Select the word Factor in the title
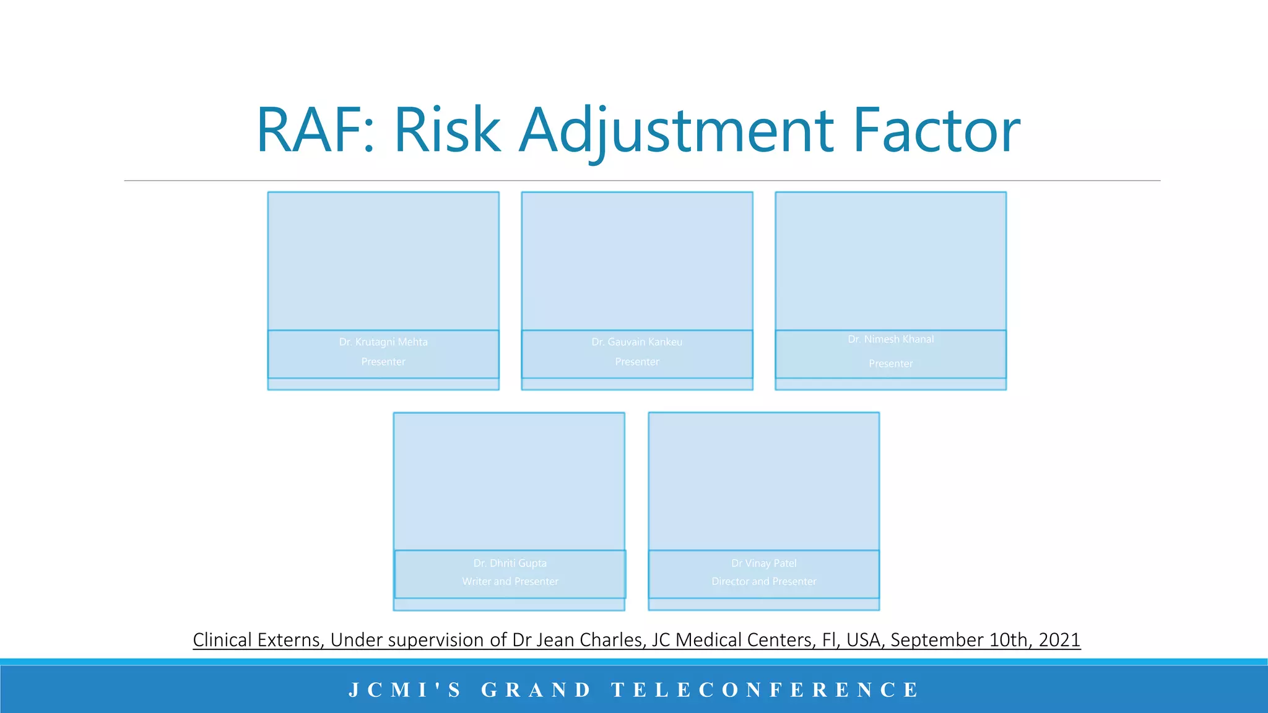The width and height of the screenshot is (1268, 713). (x=936, y=131)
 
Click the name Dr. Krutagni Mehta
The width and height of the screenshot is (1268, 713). (x=383, y=342)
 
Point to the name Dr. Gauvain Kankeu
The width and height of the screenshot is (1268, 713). (x=636, y=342)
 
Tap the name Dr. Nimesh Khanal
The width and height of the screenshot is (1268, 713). (x=890, y=339)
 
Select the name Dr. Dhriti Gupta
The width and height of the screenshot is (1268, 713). (x=510, y=563)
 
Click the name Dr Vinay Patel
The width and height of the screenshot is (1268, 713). (x=763, y=563)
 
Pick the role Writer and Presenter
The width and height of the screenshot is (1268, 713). (x=510, y=582)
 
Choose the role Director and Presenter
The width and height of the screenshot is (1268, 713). (x=763, y=582)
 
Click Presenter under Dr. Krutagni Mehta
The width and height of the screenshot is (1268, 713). (x=383, y=361)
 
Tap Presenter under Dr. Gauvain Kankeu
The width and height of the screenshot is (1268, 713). (x=636, y=361)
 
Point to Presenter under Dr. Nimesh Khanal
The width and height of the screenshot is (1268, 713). (x=890, y=364)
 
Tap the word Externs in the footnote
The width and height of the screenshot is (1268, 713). (x=290, y=640)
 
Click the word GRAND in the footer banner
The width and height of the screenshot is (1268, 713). (x=536, y=689)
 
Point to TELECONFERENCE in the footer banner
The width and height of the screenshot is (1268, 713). (x=765, y=689)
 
